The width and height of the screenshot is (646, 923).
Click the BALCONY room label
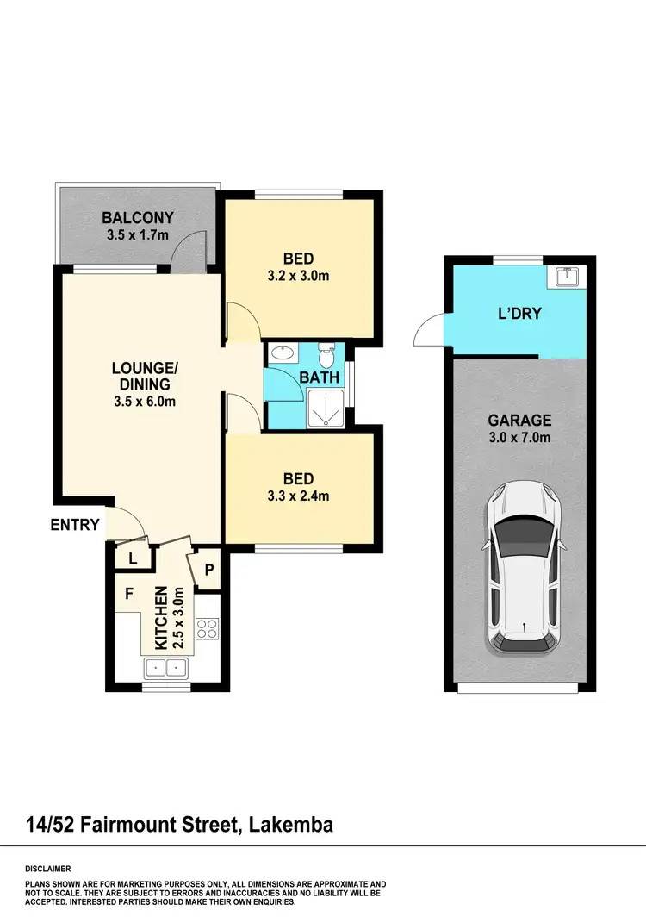coord(138,218)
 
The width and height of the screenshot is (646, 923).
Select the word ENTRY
coord(75,524)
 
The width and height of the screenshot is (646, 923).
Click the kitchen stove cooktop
coord(208,629)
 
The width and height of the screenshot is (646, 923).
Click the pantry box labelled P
coord(209,569)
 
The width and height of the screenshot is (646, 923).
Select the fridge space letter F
coord(129,594)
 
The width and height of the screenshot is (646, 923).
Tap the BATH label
coord(319,377)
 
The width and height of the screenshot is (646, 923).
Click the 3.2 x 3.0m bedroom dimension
coord(298,277)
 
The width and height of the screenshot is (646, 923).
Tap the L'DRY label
coord(519,313)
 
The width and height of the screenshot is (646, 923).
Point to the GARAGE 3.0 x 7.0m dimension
coord(519,438)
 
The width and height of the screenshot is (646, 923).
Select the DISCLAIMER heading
coord(48,869)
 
